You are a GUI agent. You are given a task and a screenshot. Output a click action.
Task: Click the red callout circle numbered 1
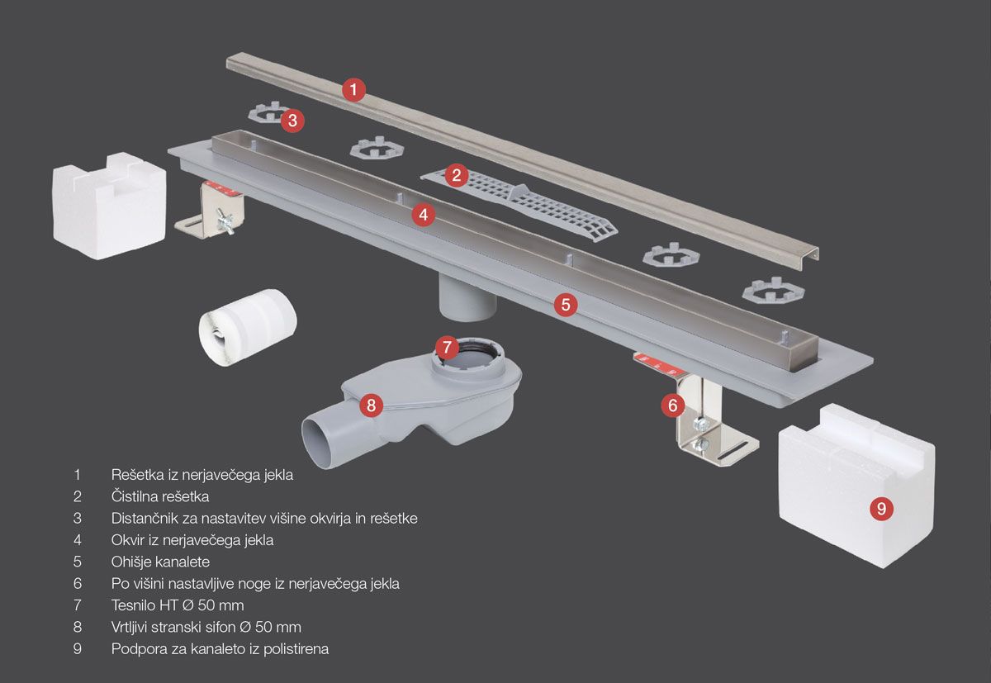point(353,90)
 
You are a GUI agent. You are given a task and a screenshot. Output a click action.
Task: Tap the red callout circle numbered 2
point(457,175)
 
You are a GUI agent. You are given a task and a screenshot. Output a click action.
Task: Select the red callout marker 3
point(292,121)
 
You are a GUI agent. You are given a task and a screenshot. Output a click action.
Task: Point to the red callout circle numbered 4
point(424,215)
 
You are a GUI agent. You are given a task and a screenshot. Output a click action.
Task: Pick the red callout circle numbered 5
point(566,305)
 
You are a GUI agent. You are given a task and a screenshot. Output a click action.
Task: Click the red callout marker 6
point(673,405)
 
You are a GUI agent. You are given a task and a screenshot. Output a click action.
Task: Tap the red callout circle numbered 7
point(447,347)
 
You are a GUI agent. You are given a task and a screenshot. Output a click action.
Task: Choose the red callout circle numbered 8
point(371,405)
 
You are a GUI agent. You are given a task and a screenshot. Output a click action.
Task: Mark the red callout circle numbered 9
point(881,508)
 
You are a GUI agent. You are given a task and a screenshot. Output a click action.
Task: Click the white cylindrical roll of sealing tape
point(248,327)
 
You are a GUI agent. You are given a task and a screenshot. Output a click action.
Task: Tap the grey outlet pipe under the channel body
point(467,297)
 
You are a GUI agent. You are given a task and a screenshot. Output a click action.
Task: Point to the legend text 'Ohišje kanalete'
point(160,562)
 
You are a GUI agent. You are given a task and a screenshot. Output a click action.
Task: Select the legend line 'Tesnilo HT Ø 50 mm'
point(178,605)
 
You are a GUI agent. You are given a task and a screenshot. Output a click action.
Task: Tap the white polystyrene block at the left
point(109,206)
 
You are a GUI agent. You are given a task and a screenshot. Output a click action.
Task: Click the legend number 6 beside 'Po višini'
point(78,583)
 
